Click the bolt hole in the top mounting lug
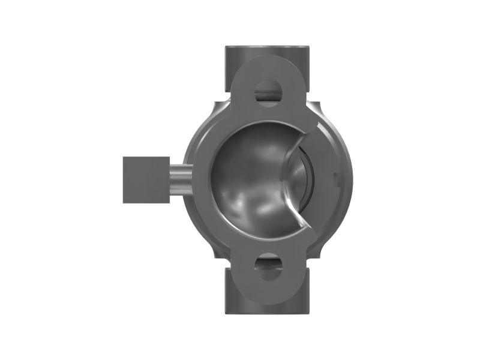pyautogui.click(x=268, y=93)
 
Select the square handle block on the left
pyautogui.click(x=146, y=179)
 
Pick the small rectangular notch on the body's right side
pyautogui.click(x=335, y=178)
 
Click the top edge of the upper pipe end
pyautogui.click(x=268, y=47)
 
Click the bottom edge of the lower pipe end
pyautogui.click(x=268, y=313)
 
